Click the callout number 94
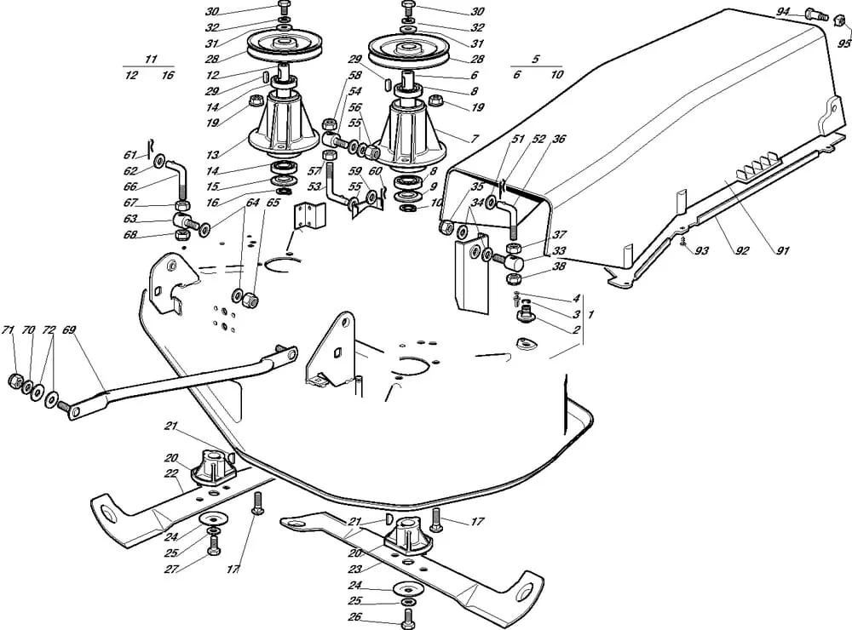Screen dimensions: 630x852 784,12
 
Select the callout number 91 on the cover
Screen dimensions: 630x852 783,250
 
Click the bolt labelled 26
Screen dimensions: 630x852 407,614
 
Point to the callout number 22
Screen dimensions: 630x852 171,473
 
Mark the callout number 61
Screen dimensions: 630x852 130,154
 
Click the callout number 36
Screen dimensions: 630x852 559,138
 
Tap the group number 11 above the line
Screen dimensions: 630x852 152,59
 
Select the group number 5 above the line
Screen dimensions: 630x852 536,60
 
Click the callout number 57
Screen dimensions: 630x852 314,171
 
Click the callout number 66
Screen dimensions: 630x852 130,186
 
